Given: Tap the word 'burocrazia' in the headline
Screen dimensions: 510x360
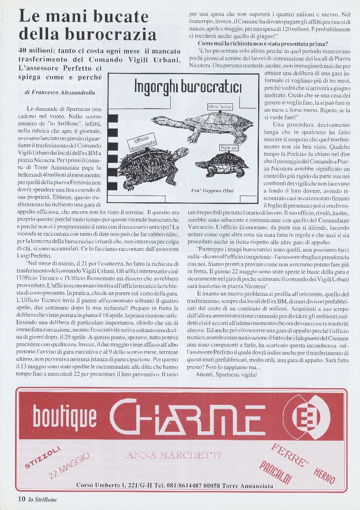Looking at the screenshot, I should click(109, 34).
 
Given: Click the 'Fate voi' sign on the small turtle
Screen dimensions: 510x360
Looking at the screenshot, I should click(229, 147).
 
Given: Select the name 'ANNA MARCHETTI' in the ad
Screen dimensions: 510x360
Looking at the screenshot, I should click(173, 455).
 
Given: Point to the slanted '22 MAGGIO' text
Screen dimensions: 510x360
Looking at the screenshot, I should click(70, 466).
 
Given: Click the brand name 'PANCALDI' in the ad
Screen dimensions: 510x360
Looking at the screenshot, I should click(276, 471).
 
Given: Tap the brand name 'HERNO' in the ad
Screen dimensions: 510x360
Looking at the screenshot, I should click(324, 475).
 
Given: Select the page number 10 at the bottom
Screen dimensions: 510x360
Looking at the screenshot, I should click(21, 499).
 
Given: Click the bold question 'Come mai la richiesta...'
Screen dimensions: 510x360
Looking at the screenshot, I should click(262, 44).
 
